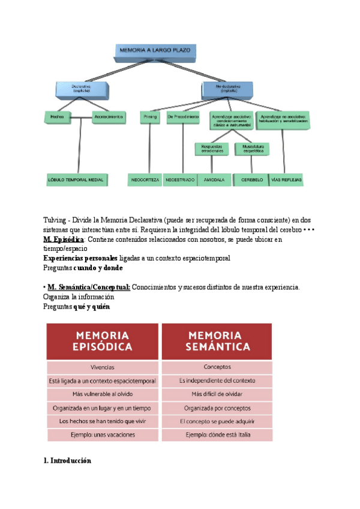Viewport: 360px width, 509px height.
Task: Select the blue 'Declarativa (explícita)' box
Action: (x=83, y=89)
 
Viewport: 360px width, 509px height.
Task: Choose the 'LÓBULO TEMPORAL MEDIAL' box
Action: (x=76, y=179)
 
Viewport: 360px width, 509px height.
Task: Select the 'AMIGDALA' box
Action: (x=215, y=179)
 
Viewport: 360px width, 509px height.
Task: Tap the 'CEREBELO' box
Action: (x=251, y=179)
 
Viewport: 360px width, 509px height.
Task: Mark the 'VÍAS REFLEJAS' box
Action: (x=287, y=179)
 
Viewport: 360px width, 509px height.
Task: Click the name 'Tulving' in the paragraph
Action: (x=55, y=220)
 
